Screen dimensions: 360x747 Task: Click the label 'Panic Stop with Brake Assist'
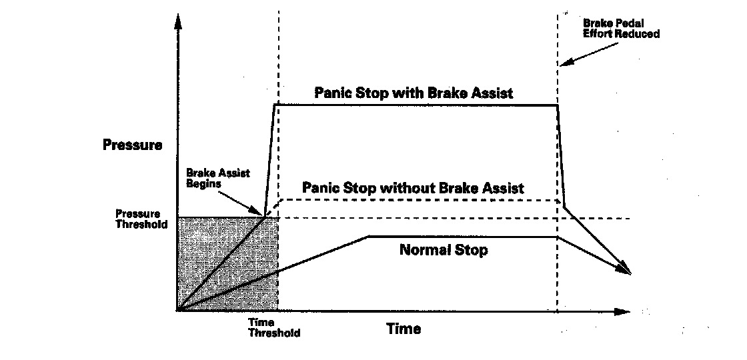coord(414,93)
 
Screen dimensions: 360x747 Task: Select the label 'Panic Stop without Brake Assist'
coord(413,188)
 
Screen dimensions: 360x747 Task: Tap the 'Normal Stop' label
coord(444,251)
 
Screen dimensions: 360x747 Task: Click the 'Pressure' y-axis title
coord(133,144)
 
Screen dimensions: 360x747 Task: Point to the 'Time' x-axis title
coord(404,329)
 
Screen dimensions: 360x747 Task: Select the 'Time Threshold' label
coord(273,328)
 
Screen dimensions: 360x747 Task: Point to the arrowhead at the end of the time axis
coord(623,311)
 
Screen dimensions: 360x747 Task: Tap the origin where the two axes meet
coord(178,311)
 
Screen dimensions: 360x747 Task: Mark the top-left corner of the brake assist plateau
coord(275,105)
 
